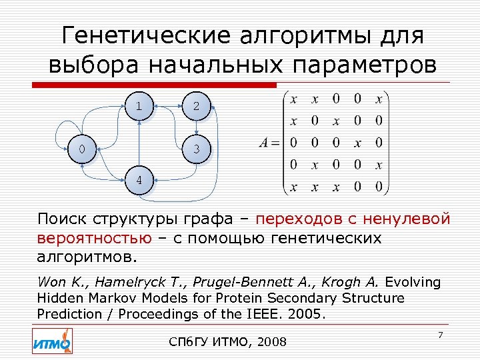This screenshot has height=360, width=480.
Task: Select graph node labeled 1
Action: tap(139, 105)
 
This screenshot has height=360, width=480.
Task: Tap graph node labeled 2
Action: tap(195, 105)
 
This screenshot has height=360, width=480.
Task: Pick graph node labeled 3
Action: tap(196, 150)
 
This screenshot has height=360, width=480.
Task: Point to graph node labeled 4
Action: tap(139, 181)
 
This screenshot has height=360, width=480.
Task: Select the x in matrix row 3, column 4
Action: tap(357, 143)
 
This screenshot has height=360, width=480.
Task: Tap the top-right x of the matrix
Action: tap(379, 99)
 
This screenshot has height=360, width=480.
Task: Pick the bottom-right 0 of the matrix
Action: tap(379, 187)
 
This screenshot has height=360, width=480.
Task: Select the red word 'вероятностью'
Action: tap(94, 238)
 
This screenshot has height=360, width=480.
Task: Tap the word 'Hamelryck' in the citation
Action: tap(127, 282)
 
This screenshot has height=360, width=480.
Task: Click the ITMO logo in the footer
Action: tap(51, 342)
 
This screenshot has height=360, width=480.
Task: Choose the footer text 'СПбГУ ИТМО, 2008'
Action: tap(229, 342)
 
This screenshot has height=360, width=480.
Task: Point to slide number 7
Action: tap(440, 333)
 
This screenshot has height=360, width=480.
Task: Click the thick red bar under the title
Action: tap(153, 85)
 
